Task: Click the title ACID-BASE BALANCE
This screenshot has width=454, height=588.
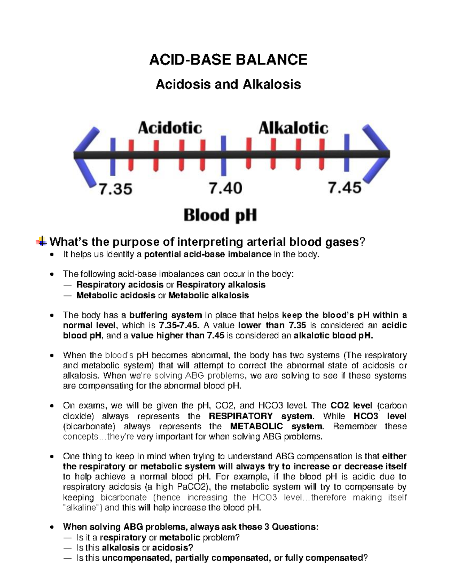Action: [x=228, y=60]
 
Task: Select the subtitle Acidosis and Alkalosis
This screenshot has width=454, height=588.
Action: [x=228, y=84]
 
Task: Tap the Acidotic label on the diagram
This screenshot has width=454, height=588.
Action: [x=170, y=128]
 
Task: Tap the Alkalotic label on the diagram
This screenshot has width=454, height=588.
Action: [x=293, y=128]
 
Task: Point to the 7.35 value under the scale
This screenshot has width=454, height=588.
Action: [x=116, y=188]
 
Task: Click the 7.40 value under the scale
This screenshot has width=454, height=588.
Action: [x=226, y=188]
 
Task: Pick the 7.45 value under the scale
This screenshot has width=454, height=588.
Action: [x=344, y=187]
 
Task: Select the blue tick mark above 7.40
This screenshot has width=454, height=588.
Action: [x=224, y=155]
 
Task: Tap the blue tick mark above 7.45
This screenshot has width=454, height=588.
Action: [x=347, y=153]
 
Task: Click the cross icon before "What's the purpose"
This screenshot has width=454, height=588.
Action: [x=42, y=241]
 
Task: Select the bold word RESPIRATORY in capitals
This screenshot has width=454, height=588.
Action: [x=241, y=416]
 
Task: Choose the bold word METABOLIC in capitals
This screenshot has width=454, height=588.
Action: [x=257, y=426]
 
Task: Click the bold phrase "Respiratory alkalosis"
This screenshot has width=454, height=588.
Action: [x=221, y=285]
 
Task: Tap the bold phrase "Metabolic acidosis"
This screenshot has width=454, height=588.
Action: [x=116, y=295]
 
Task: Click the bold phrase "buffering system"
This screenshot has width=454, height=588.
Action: [x=166, y=315]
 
